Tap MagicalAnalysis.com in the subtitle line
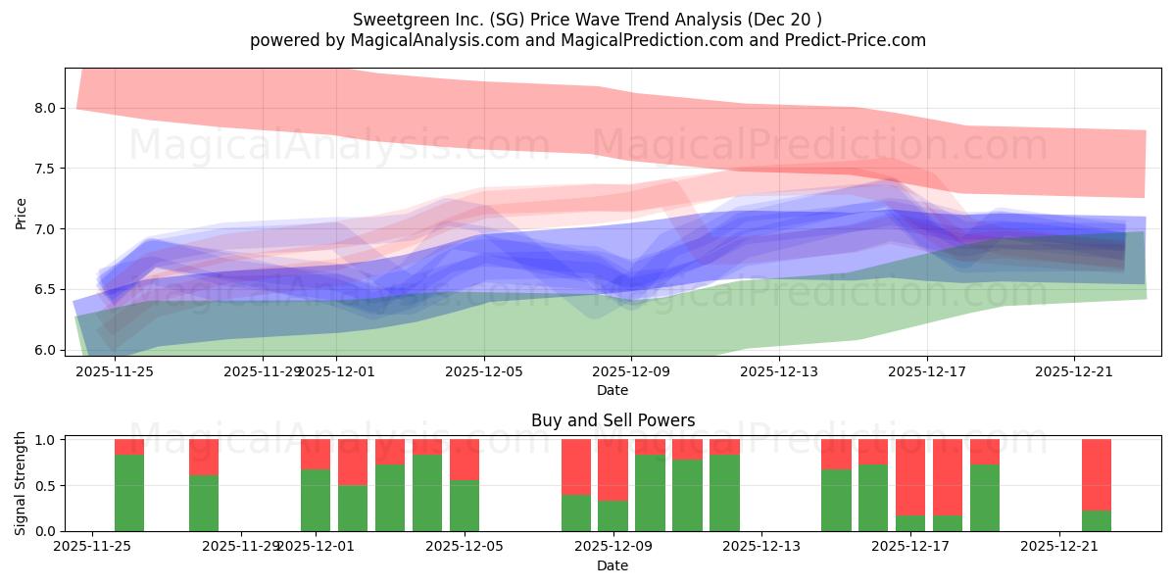pos(416,40)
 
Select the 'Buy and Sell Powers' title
pos(612,420)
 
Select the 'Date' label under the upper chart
pos(612,390)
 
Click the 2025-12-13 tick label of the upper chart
pos(778,370)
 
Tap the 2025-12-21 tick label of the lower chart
pos(1059,547)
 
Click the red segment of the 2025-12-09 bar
pos(612,469)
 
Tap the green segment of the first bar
pos(129,493)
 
